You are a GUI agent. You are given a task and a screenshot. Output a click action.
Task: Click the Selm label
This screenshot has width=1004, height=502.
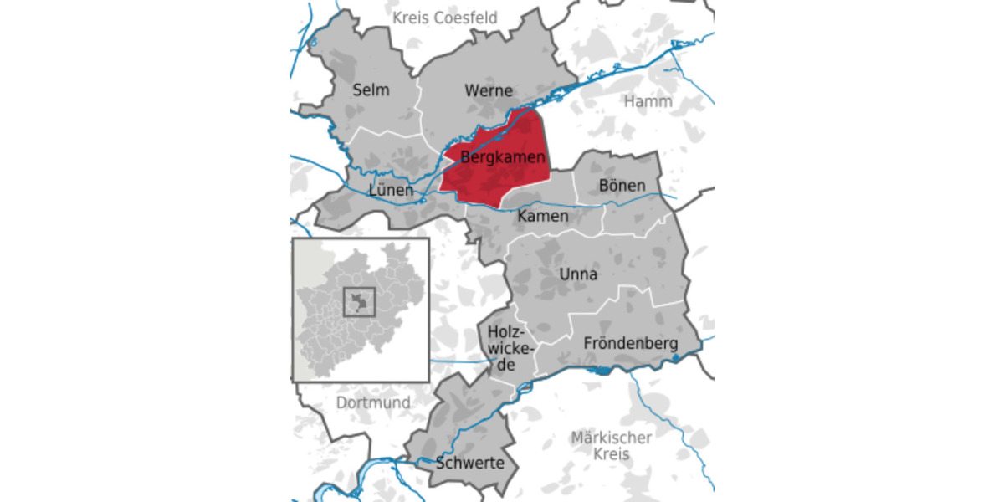[x=371, y=90]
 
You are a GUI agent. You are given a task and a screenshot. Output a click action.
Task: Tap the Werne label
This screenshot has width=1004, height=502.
[x=488, y=90]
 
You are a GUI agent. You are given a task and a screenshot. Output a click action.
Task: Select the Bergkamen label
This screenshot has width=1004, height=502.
[x=503, y=156]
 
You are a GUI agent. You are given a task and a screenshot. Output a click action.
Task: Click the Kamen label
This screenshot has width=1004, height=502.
[x=543, y=217]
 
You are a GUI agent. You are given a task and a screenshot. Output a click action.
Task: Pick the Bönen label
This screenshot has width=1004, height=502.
[x=622, y=185]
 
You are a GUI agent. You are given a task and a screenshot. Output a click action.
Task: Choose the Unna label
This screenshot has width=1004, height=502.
[x=578, y=274]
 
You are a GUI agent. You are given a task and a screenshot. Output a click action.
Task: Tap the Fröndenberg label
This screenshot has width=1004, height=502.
[x=630, y=343]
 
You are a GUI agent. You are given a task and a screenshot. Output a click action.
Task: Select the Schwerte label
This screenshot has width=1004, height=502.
[x=469, y=463]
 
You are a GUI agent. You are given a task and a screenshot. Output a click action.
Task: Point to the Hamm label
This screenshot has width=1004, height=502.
[x=643, y=101]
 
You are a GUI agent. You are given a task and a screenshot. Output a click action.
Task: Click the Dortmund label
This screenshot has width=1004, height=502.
[x=373, y=402]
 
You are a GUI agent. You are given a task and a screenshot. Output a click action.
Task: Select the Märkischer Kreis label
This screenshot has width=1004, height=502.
[x=611, y=446]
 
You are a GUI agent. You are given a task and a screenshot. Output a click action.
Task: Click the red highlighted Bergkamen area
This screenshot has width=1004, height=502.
[x=494, y=180]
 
